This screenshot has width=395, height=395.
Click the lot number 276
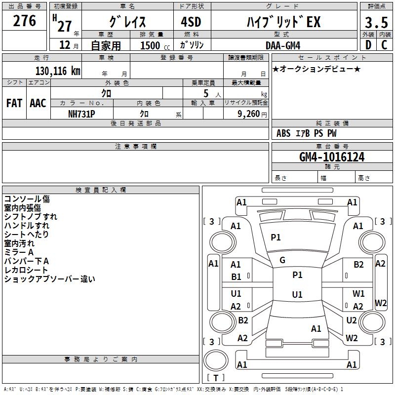(25, 21)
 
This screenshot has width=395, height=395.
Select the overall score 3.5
(376, 23)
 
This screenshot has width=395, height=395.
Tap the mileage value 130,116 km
(58, 71)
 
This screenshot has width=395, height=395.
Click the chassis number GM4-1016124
(332, 157)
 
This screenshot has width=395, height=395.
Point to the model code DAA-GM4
(282, 45)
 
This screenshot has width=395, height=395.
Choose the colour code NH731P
(81, 113)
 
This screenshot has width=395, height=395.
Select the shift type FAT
(14, 103)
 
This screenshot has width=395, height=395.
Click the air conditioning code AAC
(38, 103)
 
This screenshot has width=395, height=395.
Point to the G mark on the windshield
(282, 260)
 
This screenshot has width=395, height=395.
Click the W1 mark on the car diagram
(358, 294)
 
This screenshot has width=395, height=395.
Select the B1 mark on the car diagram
(237, 277)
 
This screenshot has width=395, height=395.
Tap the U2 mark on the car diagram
(352, 320)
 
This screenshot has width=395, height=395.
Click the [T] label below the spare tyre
(216, 378)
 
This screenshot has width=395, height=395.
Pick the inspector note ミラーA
(19, 252)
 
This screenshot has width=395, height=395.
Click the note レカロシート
(26, 270)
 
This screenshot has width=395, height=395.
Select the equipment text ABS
(283, 133)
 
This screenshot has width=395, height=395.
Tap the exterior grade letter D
(368, 45)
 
